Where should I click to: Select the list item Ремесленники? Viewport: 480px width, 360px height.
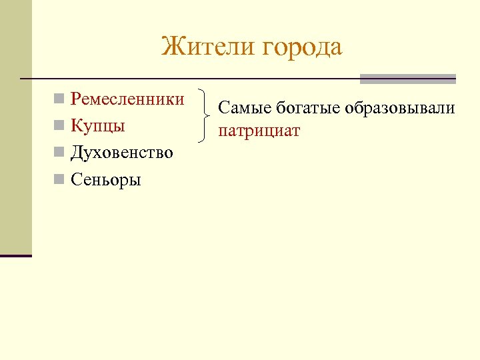pos(127,99)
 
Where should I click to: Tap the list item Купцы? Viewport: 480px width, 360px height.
pos(98,126)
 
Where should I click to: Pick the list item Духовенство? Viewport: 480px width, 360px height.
pos(121,153)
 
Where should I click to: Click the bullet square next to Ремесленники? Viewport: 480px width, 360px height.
pos(59,100)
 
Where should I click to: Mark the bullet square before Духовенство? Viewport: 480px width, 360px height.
pos(59,153)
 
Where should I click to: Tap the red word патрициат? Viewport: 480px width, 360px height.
pos(259,131)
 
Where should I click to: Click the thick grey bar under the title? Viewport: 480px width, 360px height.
pos(407,79)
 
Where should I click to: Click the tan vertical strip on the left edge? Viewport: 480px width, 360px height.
pos(15,127)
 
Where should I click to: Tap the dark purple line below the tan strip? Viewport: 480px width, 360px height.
pos(15,255)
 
